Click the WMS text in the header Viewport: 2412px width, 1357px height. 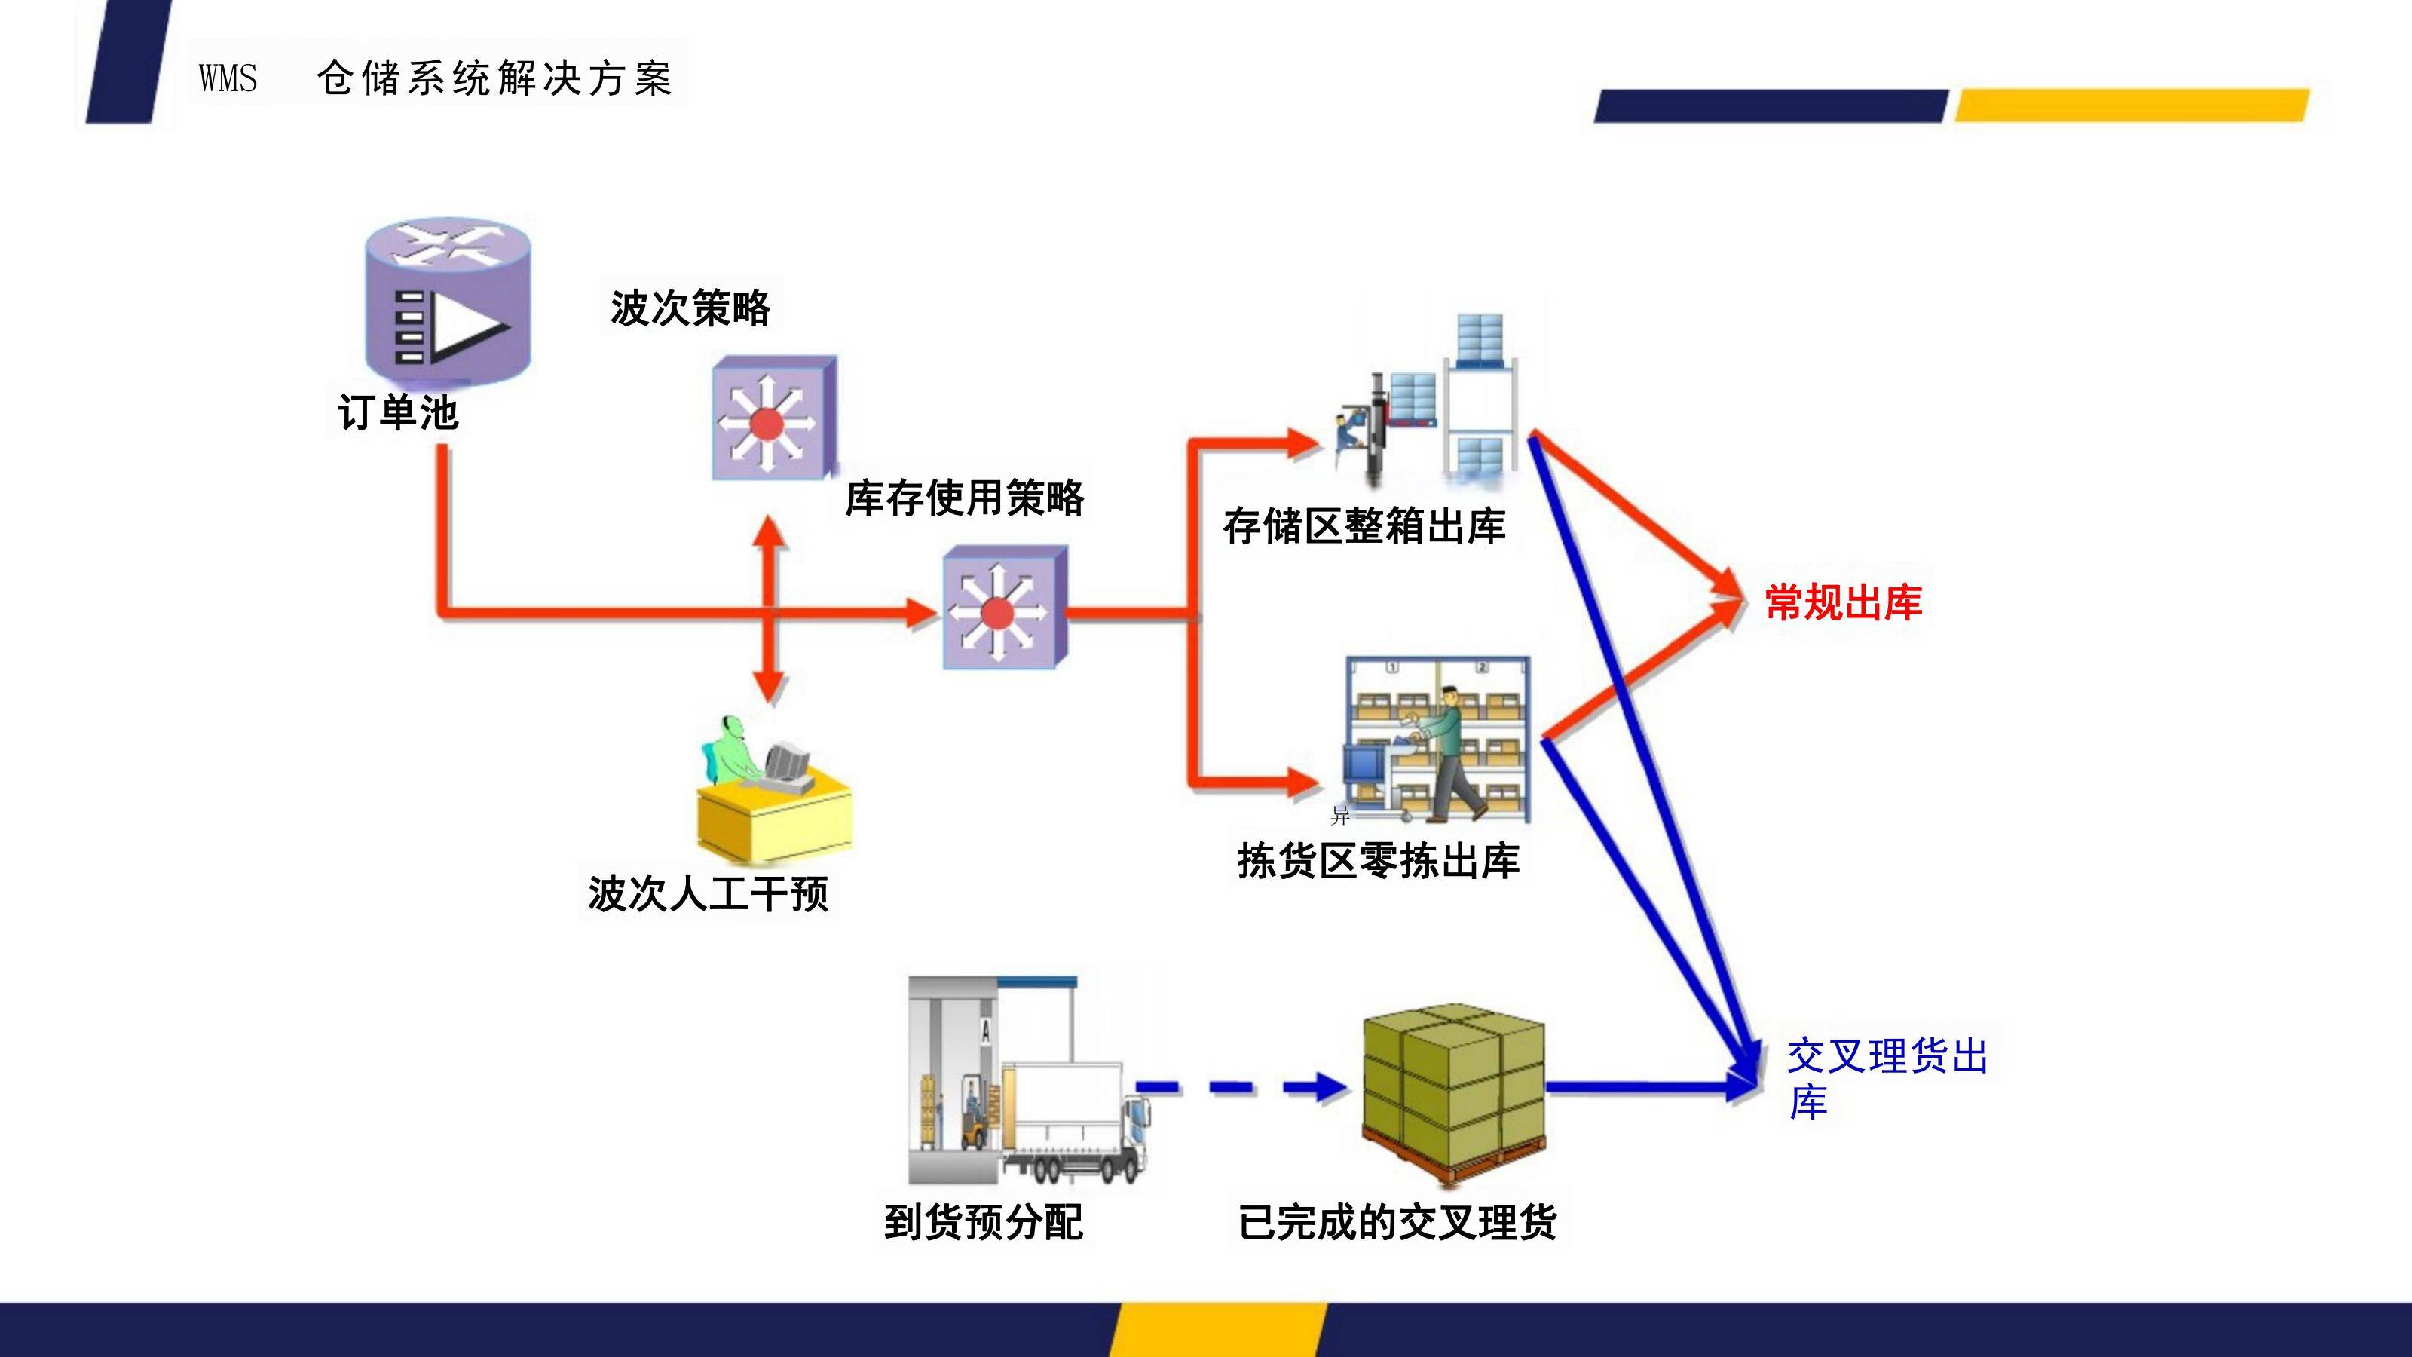(x=228, y=78)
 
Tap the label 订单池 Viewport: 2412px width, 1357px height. (x=398, y=413)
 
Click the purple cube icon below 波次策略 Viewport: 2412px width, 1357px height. (x=773, y=418)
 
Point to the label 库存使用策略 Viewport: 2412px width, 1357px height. (x=965, y=498)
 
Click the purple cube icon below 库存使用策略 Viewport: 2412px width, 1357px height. (x=1004, y=608)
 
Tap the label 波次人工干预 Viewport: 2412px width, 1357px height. (x=708, y=893)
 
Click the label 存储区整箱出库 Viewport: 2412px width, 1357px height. (x=1364, y=527)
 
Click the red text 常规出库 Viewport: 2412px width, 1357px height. (x=1843, y=602)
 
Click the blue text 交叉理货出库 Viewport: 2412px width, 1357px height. (x=1887, y=1078)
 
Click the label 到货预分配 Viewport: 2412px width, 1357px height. (x=983, y=1222)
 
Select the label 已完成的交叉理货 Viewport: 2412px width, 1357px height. (x=1397, y=1222)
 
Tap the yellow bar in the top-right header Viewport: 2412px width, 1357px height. (x=2132, y=105)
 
